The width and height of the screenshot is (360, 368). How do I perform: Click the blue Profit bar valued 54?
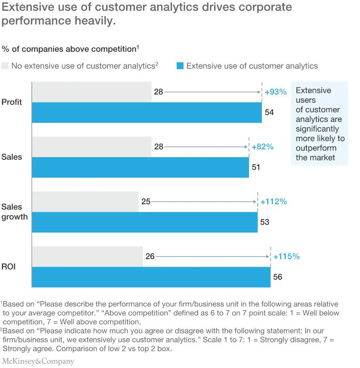[x=147, y=112]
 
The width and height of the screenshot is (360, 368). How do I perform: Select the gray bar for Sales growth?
[x=85, y=202]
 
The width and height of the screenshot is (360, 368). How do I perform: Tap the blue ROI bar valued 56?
[x=151, y=277]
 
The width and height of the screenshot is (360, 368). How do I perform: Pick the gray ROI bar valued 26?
[x=87, y=257]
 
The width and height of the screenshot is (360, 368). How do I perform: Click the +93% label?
[x=276, y=92]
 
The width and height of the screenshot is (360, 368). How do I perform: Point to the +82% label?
[x=262, y=147]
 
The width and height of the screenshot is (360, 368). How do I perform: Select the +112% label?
[x=273, y=202]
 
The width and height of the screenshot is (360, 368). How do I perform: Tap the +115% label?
[x=286, y=257]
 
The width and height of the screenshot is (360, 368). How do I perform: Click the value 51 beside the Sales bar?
[x=256, y=167]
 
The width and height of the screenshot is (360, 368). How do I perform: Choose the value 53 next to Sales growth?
[x=265, y=222]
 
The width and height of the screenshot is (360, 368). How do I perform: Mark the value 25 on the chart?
[x=146, y=202]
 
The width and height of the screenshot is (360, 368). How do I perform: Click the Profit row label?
[x=12, y=102]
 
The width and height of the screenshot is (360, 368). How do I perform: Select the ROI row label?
[x=9, y=267]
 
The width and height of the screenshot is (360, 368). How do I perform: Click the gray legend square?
[x=5, y=66]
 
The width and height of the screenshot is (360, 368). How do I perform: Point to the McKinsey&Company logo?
[x=38, y=361]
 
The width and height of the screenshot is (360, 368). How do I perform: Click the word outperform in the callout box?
[x=316, y=148]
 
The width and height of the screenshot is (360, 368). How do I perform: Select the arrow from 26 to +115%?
[x=212, y=257]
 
